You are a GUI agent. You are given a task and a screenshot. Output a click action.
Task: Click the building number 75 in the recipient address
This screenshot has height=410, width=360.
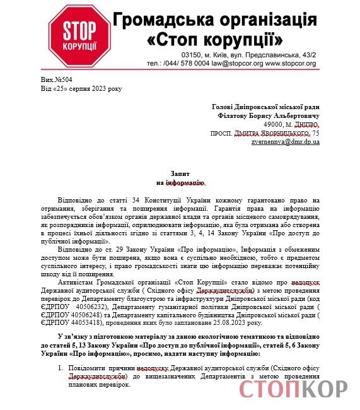pyautogui.click(x=315, y=134)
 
